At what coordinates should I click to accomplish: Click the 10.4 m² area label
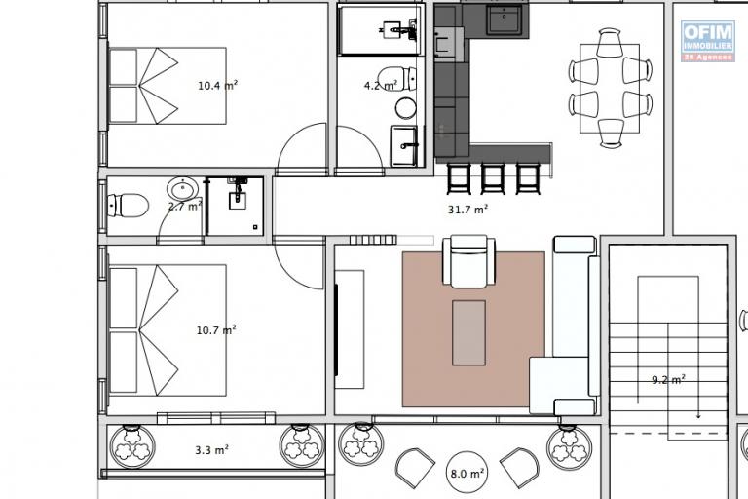point(217,86)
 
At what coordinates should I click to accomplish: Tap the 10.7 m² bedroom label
point(216,330)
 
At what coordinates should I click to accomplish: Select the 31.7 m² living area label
point(467,210)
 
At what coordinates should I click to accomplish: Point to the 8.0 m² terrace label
point(467,474)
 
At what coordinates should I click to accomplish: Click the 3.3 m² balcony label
point(211,450)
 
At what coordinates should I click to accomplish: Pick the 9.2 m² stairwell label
point(668,380)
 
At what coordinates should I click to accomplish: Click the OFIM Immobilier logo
point(708,41)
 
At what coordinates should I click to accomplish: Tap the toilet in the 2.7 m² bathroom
point(128,206)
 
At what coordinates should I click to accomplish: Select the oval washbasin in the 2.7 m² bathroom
point(183,189)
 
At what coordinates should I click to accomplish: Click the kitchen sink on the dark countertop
point(505,19)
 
